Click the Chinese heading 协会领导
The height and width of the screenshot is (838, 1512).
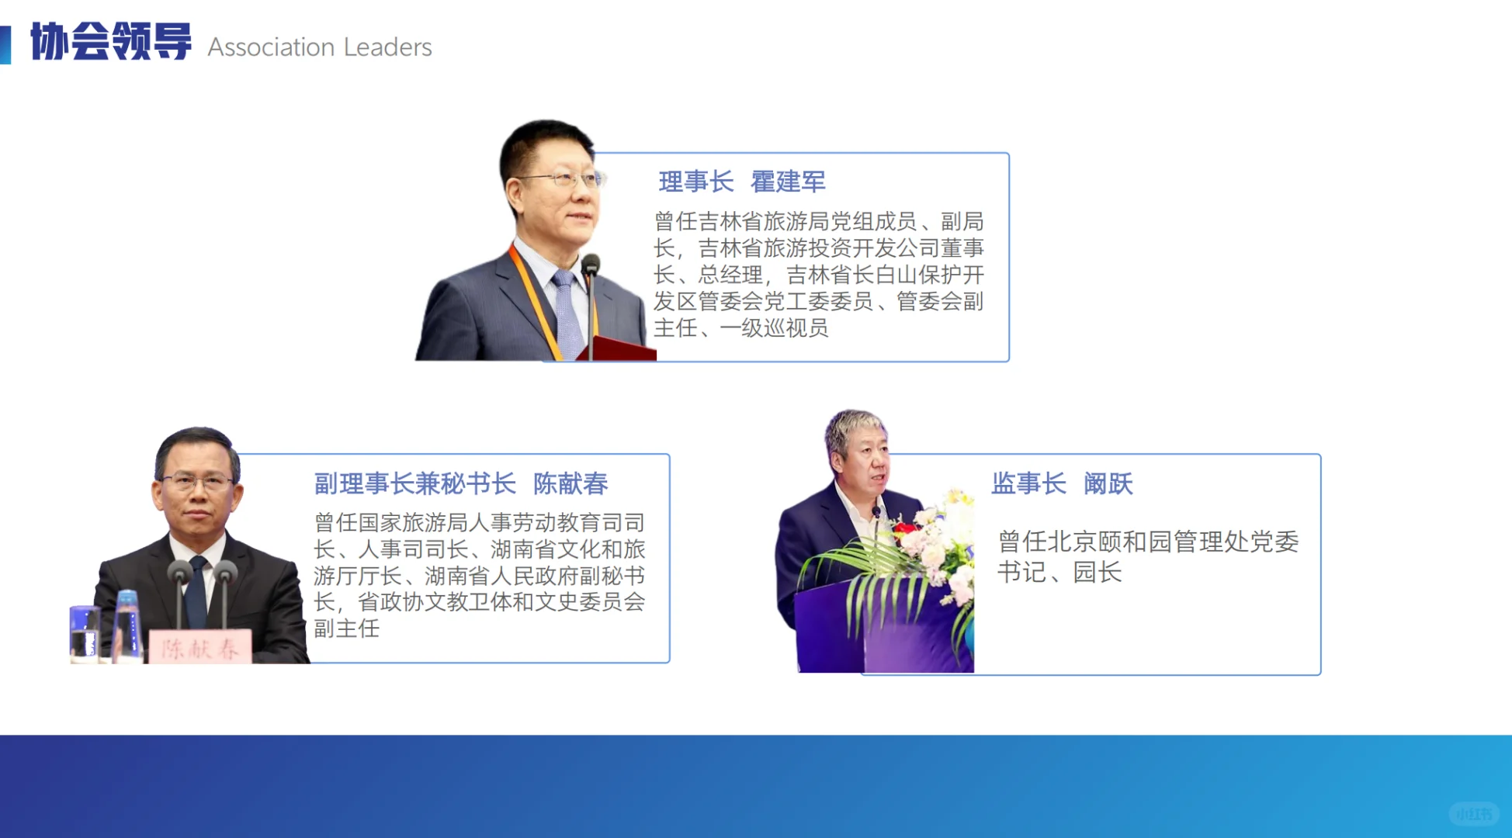tap(111, 42)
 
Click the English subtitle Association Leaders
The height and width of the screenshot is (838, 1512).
tap(320, 47)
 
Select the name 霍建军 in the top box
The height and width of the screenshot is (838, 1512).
tap(788, 182)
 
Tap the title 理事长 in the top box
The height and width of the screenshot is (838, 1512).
tap(696, 182)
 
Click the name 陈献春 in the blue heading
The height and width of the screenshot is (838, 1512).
tap(570, 483)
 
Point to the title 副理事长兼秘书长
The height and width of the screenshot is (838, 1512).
tap(414, 483)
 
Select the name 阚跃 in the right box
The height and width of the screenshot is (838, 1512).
tap(1108, 483)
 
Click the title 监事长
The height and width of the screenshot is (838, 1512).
tap(1028, 483)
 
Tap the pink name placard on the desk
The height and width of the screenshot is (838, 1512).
tap(200, 647)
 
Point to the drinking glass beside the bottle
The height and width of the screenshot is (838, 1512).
tap(84, 632)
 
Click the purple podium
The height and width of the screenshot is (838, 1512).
tap(869, 628)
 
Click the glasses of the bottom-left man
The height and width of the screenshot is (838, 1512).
tap(197, 482)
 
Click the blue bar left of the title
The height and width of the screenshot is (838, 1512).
tap(5, 44)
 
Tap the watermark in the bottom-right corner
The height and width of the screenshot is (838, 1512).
tap(1472, 814)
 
